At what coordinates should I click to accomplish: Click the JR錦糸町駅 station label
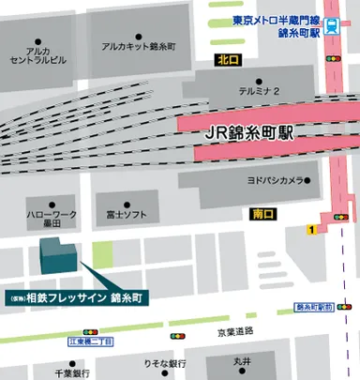click(x=248, y=133)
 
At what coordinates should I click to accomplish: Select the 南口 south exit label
click(x=265, y=214)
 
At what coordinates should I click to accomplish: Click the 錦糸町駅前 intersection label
click(x=314, y=307)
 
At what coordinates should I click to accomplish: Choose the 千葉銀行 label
click(x=70, y=372)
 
